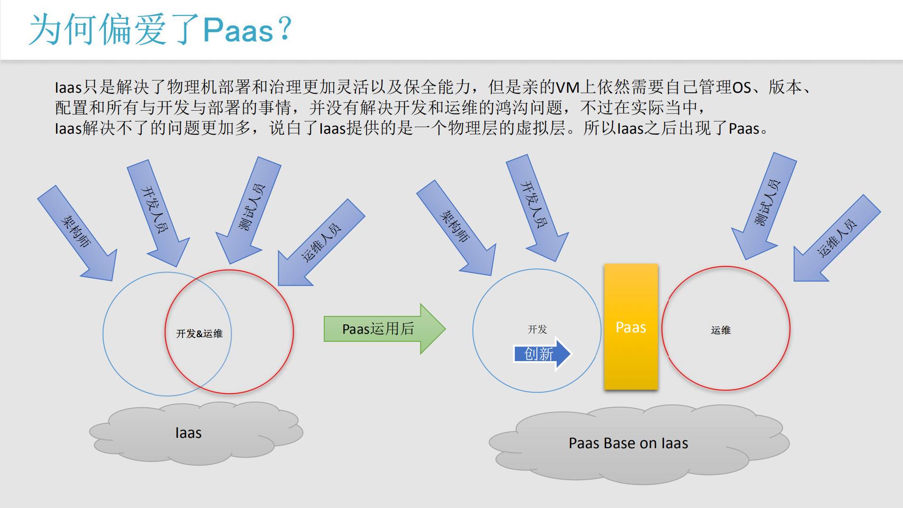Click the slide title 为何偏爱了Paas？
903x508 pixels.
[x=160, y=30]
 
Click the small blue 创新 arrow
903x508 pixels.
[x=541, y=354]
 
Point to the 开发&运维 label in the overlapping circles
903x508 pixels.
[x=199, y=334]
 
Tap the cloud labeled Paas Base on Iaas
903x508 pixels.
[x=628, y=443]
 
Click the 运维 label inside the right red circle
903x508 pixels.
[x=720, y=330]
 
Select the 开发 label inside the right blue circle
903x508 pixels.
[x=537, y=329]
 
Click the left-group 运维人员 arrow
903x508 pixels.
[x=320, y=243]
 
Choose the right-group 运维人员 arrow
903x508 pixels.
[x=836, y=239]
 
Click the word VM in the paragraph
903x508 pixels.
[x=567, y=88]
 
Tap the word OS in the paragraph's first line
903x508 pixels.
[x=741, y=88]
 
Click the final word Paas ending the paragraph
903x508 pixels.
[x=743, y=129]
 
